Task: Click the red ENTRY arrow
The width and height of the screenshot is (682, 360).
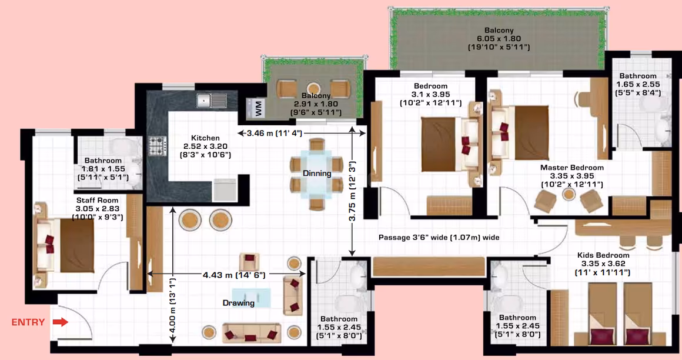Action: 61,322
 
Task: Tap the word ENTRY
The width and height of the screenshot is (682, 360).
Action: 28,322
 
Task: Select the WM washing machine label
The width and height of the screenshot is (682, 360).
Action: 258,108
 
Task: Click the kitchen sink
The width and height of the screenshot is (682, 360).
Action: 212,101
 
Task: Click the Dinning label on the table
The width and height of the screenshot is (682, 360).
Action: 317,174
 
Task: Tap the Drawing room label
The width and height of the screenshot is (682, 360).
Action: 238,303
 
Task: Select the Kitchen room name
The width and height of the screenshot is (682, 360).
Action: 205,138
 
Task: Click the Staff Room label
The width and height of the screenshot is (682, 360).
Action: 98,200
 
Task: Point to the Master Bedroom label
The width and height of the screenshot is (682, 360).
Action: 572,168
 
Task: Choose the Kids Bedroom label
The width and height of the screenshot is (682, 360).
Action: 603,255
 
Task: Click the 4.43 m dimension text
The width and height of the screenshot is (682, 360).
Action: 234,275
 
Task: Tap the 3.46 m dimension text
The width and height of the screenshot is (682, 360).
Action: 275,133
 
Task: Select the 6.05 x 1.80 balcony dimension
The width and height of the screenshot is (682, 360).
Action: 499,38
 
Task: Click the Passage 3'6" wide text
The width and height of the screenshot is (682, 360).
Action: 439,237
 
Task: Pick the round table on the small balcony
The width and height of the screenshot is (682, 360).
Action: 313,88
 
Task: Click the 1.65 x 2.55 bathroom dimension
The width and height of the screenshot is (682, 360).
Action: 638,85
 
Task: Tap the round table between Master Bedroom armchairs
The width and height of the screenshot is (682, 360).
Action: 569,194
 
